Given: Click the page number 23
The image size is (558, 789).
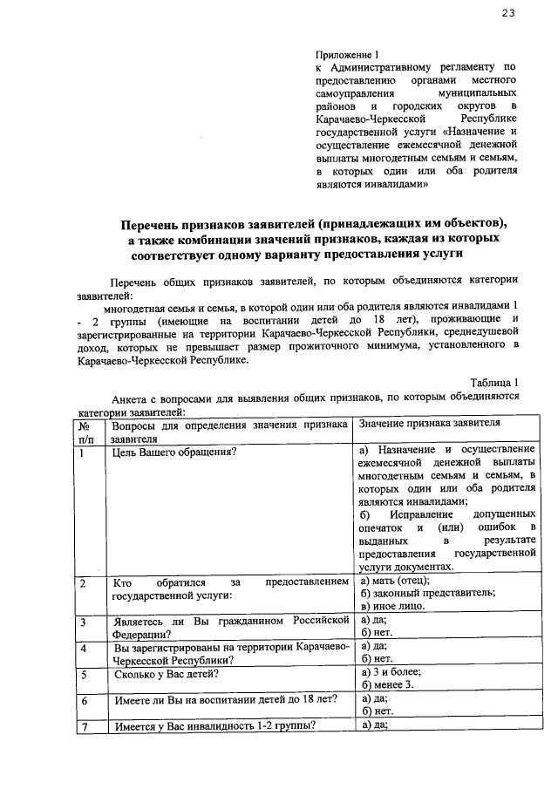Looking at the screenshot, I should [509, 12].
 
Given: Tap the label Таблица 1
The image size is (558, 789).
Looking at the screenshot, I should [494, 382].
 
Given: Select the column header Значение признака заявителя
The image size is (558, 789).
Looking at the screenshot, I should [430, 422].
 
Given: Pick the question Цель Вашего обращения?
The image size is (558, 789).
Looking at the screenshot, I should [170, 452].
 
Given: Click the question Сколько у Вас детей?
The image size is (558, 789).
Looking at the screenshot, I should [166, 674].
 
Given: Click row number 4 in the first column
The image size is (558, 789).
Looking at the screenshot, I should [83, 649].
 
